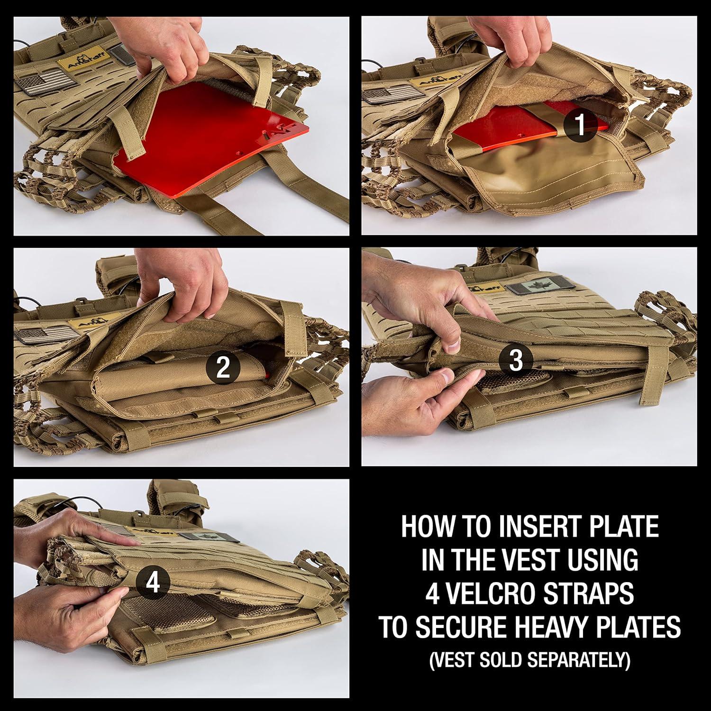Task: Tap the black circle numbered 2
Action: pyautogui.click(x=223, y=367)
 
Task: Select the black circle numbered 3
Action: pyautogui.click(x=516, y=360)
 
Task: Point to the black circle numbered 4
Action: pyautogui.click(x=153, y=583)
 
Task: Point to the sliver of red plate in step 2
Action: pyautogui.click(x=268, y=374)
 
